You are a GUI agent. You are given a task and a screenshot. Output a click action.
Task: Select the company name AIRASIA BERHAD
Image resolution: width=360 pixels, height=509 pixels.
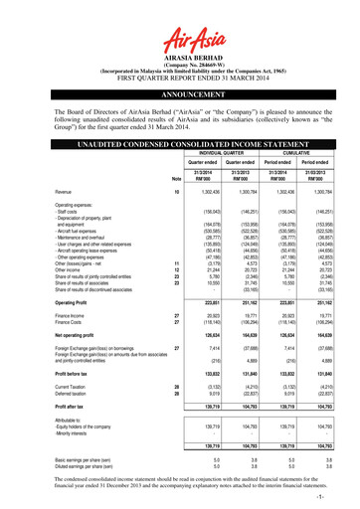point(179,59)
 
